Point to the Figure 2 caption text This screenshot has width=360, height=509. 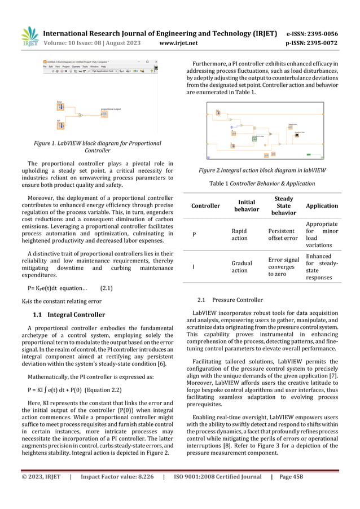(262, 170)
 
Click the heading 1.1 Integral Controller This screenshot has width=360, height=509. (69, 314)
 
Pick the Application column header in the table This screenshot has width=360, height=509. (323, 206)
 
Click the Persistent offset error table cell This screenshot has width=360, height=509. (283, 234)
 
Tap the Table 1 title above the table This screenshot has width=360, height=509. (262, 183)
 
